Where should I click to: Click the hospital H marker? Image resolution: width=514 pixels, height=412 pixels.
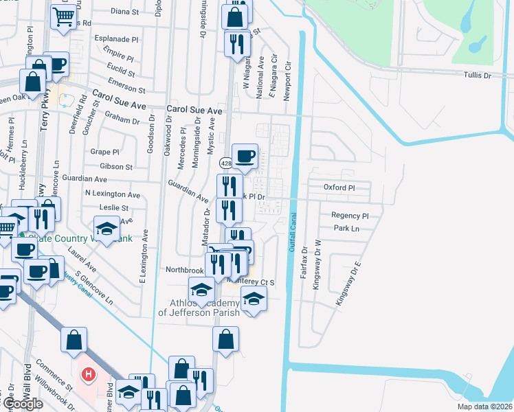click(88, 375)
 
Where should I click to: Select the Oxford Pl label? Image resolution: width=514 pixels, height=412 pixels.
click(339, 187)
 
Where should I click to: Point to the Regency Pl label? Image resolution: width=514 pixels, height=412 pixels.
click(350, 215)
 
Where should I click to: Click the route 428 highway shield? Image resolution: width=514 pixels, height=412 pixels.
click(225, 163)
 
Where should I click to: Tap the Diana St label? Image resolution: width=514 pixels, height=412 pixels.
click(124, 12)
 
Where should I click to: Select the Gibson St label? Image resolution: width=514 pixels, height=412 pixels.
click(116, 166)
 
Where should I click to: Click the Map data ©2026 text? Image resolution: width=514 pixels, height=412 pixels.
click(484, 407)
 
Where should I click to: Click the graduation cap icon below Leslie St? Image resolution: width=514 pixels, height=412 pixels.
click(107, 229)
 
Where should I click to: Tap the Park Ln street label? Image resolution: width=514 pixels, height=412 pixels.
click(346, 228)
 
